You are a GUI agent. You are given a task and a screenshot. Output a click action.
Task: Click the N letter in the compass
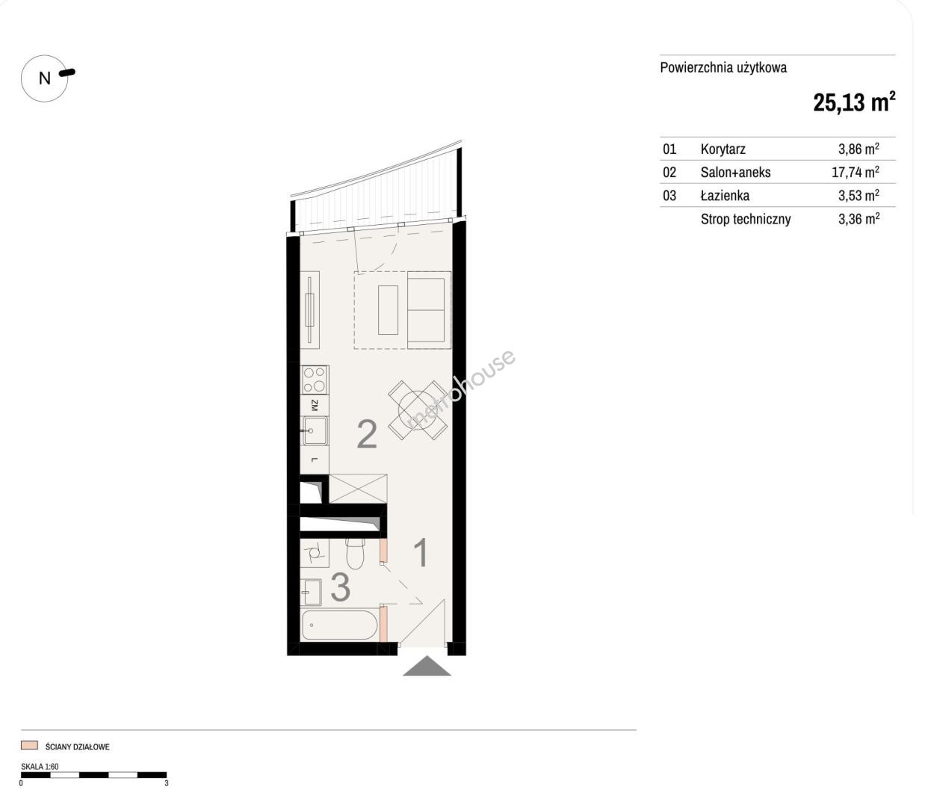[x=44, y=78]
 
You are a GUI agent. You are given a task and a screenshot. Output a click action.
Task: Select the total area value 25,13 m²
[x=854, y=102]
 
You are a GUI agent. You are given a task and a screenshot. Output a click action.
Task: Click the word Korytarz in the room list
[x=723, y=149]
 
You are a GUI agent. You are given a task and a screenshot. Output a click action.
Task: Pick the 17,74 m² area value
[x=856, y=173]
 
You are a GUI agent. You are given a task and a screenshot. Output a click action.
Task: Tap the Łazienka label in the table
[x=725, y=196]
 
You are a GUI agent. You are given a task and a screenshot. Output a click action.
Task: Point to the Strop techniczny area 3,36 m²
[x=859, y=220]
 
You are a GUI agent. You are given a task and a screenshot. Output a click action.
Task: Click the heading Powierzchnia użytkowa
[x=723, y=68]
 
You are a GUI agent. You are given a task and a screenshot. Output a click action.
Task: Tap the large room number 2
[x=367, y=433]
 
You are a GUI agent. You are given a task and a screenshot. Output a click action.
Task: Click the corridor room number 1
[x=421, y=552]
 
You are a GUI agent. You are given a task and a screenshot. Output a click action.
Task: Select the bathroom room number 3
[x=340, y=587]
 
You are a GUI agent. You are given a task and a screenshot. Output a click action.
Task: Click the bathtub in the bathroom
[x=339, y=625]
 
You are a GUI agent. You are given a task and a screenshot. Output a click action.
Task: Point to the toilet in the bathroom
[x=355, y=554]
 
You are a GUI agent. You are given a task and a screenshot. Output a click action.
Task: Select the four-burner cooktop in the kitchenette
[x=315, y=380]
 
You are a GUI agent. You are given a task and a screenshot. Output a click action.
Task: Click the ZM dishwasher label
[x=315, y=405]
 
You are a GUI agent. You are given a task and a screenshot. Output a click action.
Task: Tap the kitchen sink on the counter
[x=315, y=430]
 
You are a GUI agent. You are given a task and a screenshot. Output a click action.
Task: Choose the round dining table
[x=417, y=410]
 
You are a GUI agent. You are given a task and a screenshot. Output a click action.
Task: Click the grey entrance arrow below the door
[x=427, y=666]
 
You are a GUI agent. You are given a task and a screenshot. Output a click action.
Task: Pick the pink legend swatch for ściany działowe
[x=29, y=745]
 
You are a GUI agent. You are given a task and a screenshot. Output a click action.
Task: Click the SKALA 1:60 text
[x=40, y=767]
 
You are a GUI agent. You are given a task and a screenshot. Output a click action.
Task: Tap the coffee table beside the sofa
[x=388, y=310]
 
